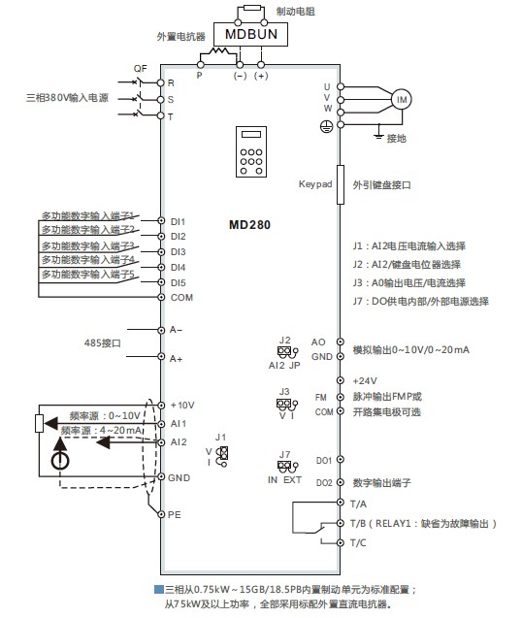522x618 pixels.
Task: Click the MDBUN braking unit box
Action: (250, 34)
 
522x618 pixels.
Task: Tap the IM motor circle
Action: (402, 100)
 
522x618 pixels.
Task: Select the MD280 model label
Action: (249, 225)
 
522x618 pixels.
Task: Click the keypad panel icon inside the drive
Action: (251, 151)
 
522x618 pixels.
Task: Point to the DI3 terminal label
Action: (178, 252)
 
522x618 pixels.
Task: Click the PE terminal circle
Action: (161, 514)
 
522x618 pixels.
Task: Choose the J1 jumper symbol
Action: (223, 456)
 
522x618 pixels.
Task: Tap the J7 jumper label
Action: (284, 454)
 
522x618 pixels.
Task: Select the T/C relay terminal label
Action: (358, 542)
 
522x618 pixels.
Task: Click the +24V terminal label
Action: (365, 380)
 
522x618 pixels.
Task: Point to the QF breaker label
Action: (140, 69)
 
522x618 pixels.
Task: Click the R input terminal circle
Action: (160, 82)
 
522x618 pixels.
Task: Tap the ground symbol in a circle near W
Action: (326, 126)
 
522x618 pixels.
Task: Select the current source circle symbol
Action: (60, 460)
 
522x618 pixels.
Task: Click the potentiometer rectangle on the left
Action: (39, 423)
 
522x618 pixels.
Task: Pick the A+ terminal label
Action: (176, 359)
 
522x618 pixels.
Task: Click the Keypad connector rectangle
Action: (341, 185)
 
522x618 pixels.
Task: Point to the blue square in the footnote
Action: (158, 590)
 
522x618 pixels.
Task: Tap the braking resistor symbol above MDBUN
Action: (252, 8)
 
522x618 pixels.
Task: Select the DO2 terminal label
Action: (324, 483)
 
